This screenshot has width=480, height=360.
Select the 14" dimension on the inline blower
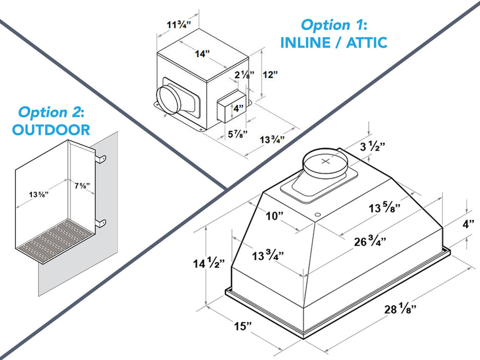click(x=202, y=53)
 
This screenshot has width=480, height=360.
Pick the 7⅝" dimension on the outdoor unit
click(x=82, y=186)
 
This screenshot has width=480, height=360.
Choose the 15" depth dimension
click(x=241, y=326)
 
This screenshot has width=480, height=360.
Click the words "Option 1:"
click(x=333, y=25)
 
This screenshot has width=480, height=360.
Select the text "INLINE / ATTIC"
click(x=333, y=42)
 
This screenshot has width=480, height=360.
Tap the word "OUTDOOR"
click(x=51, y=130)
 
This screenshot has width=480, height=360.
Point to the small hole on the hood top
click(x=317, y=213)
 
